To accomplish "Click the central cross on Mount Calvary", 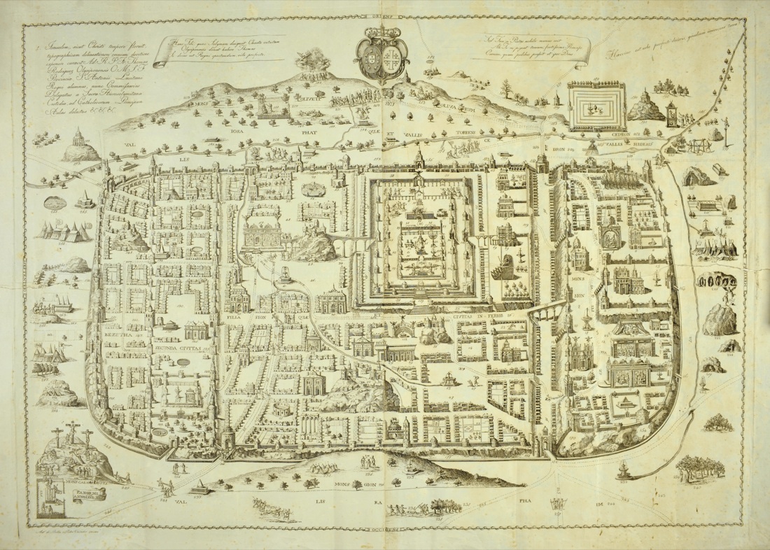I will pos(71,435).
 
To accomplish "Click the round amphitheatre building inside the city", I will pos(283,409).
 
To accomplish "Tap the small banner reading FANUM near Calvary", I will pos(83,497).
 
